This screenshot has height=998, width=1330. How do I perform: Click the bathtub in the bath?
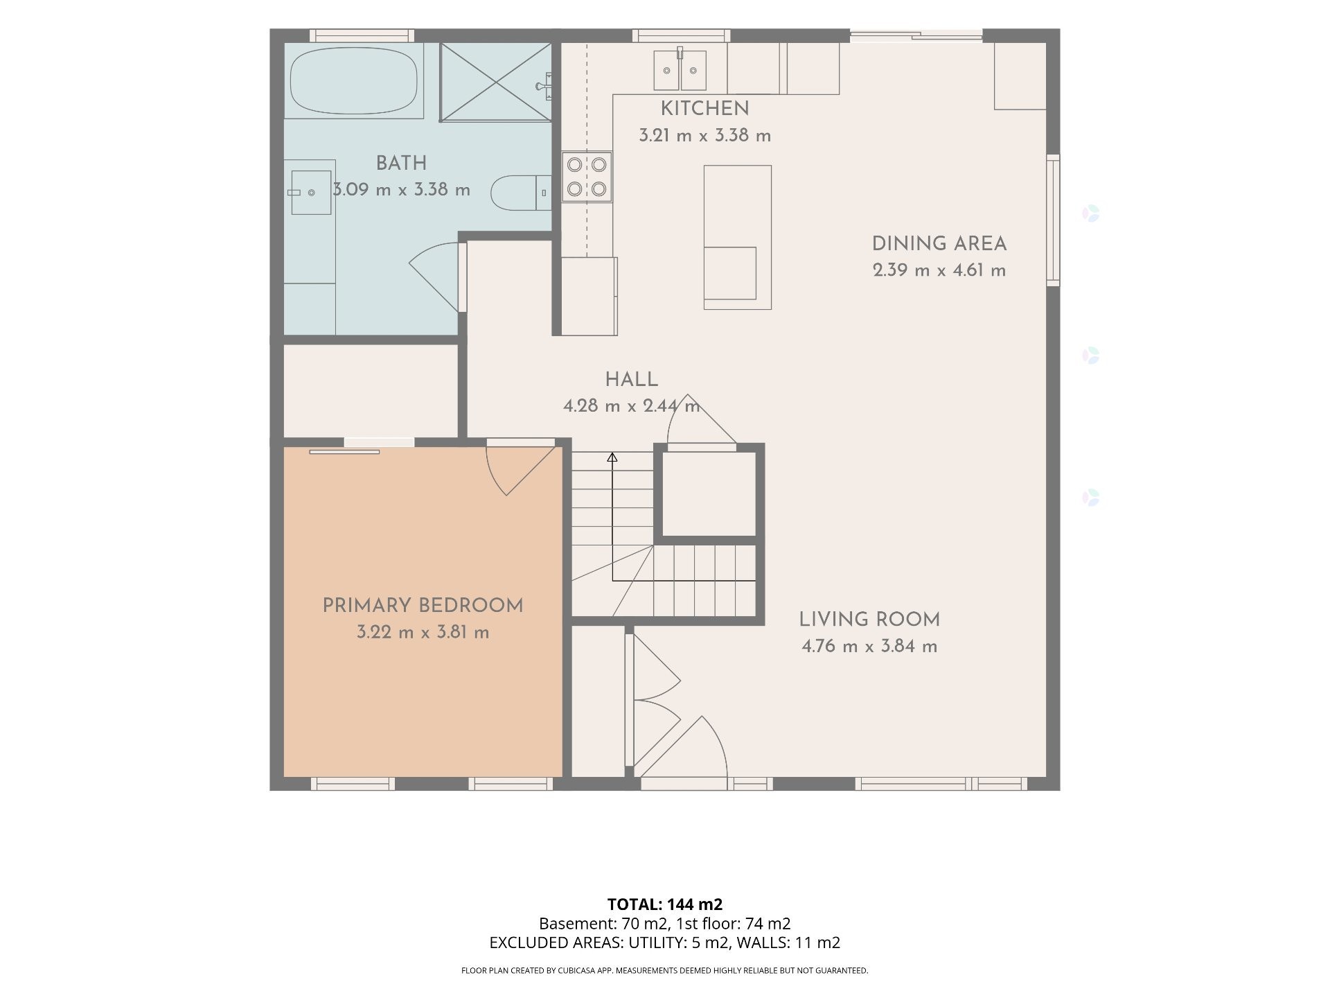354,81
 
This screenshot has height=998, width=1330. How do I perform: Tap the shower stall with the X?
496,81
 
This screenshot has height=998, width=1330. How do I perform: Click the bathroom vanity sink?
310,192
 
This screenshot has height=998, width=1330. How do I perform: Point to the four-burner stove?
587,177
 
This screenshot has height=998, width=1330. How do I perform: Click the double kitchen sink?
680,69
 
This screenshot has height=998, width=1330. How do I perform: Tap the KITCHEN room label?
704,109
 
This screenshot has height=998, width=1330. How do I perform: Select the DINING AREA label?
939,244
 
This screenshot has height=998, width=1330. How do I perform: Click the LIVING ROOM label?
869,620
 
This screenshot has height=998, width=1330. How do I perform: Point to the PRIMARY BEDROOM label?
423,606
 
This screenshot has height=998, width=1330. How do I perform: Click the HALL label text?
631,380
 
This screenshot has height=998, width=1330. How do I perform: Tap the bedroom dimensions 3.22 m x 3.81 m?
423,633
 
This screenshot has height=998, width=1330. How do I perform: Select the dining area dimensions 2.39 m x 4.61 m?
939,270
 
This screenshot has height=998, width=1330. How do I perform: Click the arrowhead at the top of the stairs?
612,457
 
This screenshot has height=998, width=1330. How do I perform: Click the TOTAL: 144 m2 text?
665,904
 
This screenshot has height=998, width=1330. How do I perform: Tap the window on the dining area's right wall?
1053,220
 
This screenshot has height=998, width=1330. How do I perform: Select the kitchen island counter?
738,237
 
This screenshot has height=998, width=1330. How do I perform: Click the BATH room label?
401,164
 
